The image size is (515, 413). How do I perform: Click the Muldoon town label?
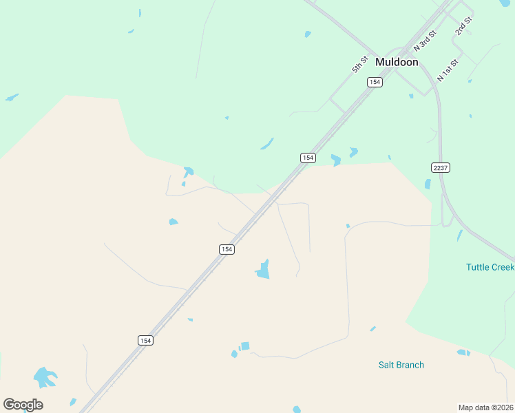coord(397,62)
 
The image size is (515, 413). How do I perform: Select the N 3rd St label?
coord(425,41)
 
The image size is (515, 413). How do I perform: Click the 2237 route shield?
coord(440,167)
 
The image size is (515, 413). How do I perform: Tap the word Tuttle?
coord(480,267)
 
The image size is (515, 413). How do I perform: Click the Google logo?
coord(23,405)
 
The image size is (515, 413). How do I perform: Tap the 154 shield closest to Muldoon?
coord(375,82)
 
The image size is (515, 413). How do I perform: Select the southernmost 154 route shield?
coord(145,340)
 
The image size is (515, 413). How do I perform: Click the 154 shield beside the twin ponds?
coord(308,158)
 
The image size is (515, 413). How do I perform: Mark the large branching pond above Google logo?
coord(45,377)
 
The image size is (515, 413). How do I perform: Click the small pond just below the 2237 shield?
coord(428,184)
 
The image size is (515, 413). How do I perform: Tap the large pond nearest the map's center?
coord(263,270)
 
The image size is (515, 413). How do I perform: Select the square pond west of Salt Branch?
coord(245,346)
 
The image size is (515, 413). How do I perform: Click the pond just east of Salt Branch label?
coord(463,352)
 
